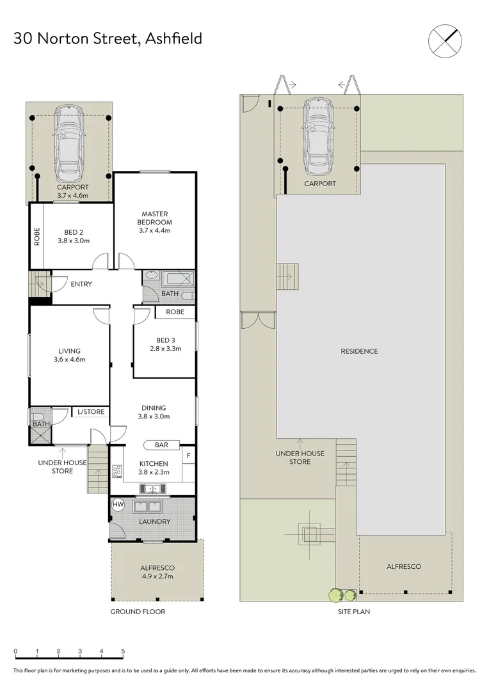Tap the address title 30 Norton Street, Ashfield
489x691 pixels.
click(x=108, y=38)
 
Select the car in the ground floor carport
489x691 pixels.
click(x=69, y=143)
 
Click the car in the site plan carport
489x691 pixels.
click(x=319, y=136)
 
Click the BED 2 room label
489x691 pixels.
click(x=73, y=236)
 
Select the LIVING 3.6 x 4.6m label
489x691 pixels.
click(x=69, y=355)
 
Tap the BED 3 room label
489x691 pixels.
click(x=164, y=344)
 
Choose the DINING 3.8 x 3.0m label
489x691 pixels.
click(x=154, y=412)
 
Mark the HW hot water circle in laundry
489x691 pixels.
click(x=118, y=505)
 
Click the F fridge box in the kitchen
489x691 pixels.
click(x=188, y=456)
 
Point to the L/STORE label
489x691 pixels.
click(x=90, y=412)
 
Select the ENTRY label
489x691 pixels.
click(x=81, y=284)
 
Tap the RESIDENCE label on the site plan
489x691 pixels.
click(x=359, y=351)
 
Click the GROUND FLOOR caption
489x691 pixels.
click(x=137, y=612)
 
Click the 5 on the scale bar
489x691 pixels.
click(x=123, y=651)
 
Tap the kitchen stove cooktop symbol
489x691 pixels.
click(x=117, y=472)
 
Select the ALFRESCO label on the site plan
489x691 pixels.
click(x=404, y=566)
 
